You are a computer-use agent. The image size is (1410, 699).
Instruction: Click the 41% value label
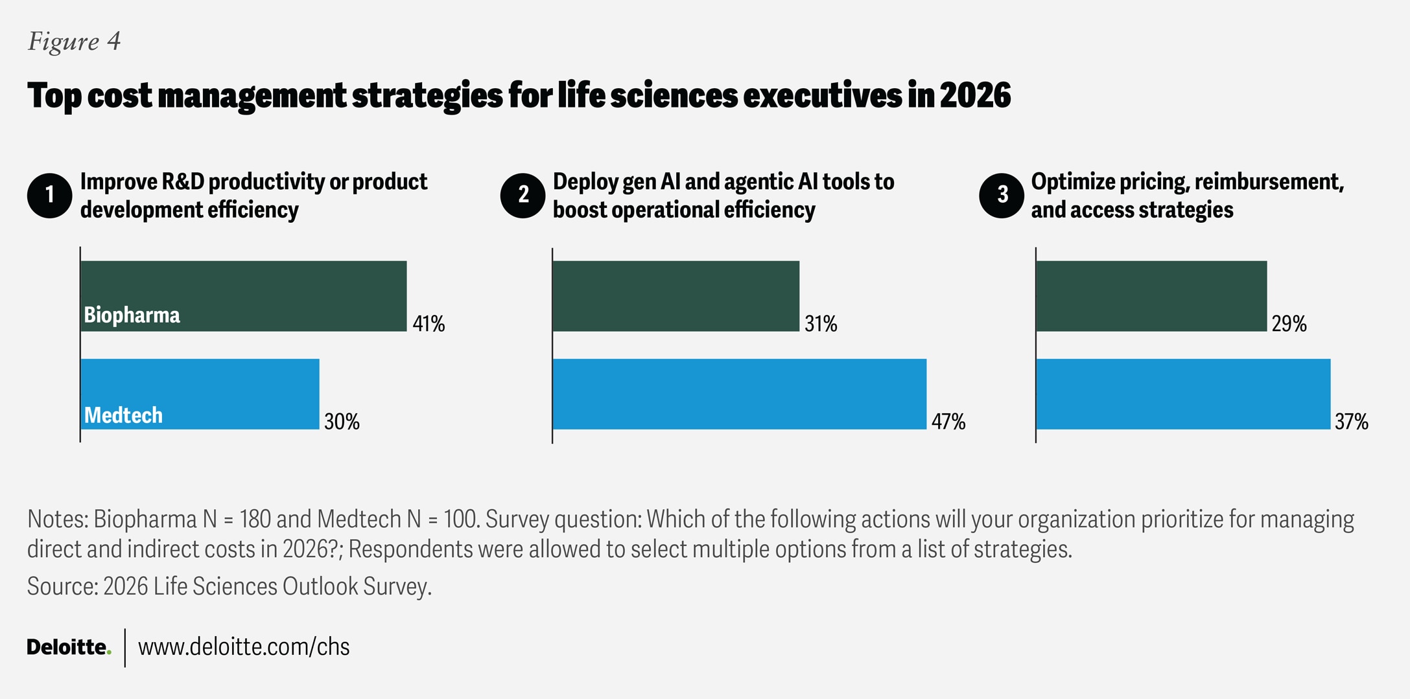(x=429, y=323)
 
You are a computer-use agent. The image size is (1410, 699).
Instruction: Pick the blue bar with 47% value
(x=739, y=394)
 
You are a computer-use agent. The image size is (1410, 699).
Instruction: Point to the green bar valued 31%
(x=676, y=296)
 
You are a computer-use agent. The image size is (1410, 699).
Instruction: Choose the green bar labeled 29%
(x=1151, y=296)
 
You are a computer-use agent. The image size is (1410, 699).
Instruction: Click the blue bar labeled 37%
(x=1182, y=394)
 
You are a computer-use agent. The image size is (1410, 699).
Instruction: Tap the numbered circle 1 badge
(x=50, y=196)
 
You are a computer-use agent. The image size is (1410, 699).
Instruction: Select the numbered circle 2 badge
(x=523, y=196)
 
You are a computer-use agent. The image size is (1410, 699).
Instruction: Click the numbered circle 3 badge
(x=1002, y=196)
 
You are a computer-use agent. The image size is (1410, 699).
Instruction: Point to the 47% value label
(x=948, y=422)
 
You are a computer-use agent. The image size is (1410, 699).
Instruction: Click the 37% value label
(x=1351, y=422)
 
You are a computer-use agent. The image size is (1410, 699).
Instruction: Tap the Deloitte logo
(x=69, y=647)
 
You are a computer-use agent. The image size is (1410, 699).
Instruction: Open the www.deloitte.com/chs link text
(x=244, y=647)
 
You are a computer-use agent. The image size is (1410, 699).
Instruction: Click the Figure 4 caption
(x=74, y=41)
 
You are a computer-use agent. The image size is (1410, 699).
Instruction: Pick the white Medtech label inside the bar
(x=123, y=415)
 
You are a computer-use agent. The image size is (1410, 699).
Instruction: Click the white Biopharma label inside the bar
(x=132, y=315)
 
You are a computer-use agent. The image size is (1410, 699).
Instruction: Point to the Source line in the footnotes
(x=229, y=586)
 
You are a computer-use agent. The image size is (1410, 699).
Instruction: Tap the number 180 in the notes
(x=257, y=520)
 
